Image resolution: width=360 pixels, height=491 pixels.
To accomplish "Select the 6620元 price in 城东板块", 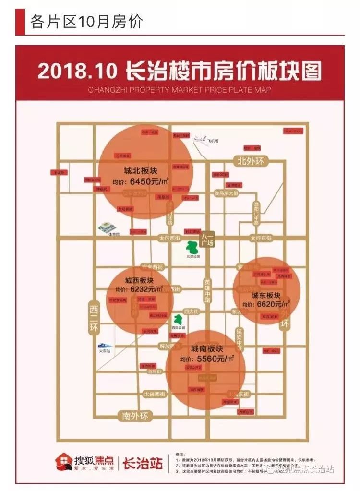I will click(x=272, y=304).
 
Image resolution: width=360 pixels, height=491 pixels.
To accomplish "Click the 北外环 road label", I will click(x=251, y=161).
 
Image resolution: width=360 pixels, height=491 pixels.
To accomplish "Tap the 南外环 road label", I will click(x=135, y=416).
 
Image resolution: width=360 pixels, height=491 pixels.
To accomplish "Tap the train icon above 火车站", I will click(x=105, y=345).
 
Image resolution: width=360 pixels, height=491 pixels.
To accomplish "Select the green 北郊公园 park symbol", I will click(x=192, y=247).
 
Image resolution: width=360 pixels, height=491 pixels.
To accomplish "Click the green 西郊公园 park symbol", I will click(x=179, y=319).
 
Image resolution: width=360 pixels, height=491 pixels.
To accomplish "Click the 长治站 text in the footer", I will click(x=143, y=463).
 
